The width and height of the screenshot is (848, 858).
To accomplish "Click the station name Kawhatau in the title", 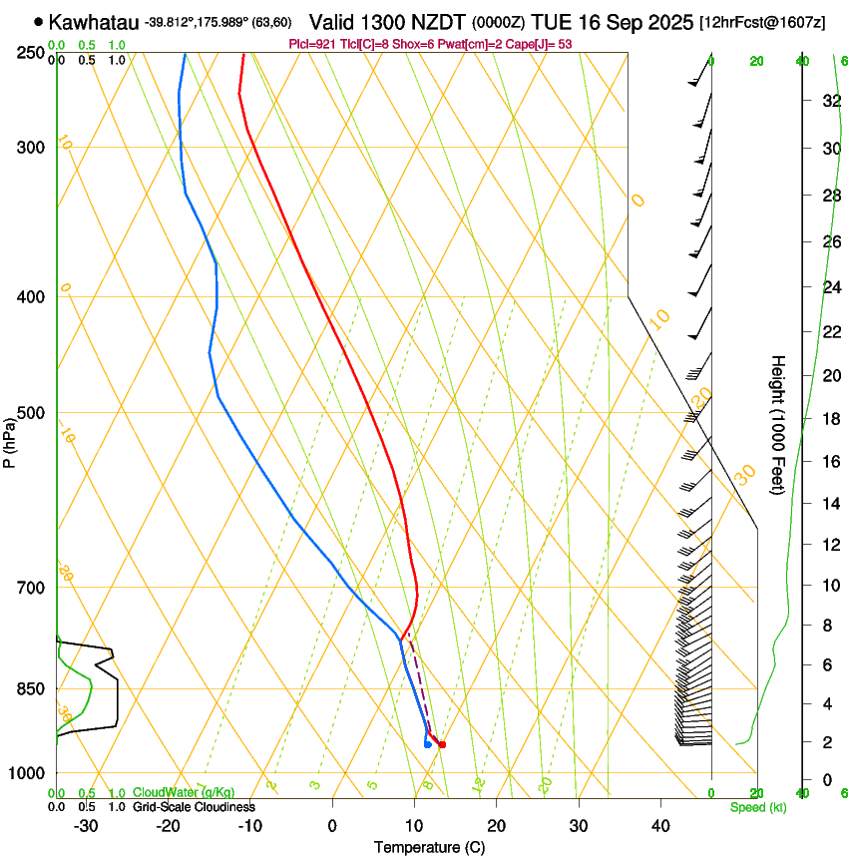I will point(93,21).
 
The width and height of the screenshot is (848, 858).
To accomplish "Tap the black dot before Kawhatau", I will point(38,21).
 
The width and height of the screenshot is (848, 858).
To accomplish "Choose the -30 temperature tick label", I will point(86,826).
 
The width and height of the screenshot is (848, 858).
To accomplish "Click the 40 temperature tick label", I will point(659,826).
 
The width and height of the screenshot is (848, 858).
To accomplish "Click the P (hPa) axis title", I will point(10,440).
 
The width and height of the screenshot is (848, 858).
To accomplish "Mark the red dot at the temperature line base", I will point(442,744).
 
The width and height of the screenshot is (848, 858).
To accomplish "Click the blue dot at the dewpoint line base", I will point(427,744).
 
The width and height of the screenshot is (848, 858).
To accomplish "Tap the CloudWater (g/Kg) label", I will point(184,793).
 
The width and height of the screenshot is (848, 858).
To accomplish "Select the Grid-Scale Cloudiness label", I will point(194,806).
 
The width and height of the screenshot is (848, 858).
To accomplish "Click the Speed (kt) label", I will point(757,807).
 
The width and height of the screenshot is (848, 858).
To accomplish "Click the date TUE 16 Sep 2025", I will point(614,21).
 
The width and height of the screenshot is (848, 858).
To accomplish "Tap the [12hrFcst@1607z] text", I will point(762,22).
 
